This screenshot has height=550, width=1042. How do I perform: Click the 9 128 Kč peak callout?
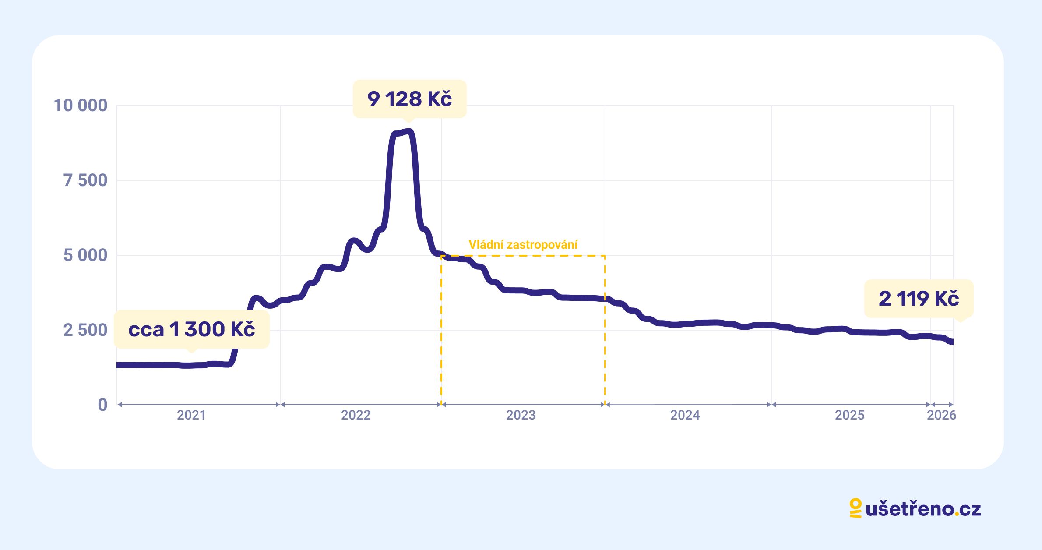(409, 99)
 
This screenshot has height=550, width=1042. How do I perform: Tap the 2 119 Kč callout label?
(919, 299)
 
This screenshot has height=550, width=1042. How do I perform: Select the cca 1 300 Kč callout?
(191, 330)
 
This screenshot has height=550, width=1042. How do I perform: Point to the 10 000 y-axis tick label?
(81, 106)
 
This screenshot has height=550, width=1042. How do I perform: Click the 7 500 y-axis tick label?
(85, 180)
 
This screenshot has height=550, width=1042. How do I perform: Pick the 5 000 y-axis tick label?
(85, 255)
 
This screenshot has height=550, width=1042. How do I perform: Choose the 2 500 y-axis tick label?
(85, 330)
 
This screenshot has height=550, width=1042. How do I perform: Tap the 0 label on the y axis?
(102, 405)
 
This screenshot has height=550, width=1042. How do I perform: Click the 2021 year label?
(191, 415)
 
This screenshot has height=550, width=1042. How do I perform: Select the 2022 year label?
(356, 415)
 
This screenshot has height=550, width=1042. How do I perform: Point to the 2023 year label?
(521, 415)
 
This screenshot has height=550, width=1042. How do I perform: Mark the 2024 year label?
(685, 415)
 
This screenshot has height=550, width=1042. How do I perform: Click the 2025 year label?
(850, 415)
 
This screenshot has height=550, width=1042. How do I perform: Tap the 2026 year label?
(942, 415)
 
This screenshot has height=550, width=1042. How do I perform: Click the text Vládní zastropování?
(523, 245)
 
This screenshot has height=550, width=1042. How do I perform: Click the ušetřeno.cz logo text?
(923, 509)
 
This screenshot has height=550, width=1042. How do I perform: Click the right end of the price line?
(951, 342)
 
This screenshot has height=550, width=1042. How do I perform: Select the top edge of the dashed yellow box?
(523, 256)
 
